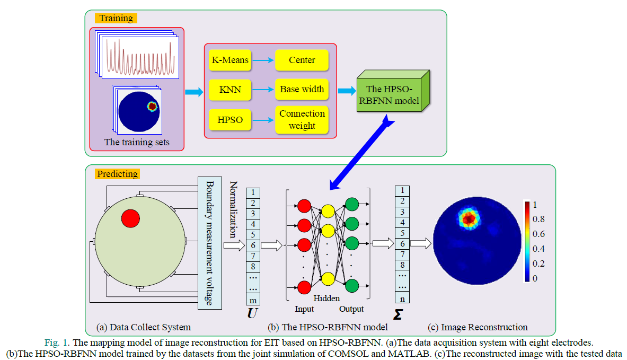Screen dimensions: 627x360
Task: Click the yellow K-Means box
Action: pyautogui.click(x=230, y=60)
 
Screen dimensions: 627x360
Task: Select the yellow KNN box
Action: pyautogui.click(x=230, y=90)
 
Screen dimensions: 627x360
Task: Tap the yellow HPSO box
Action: pyautogui.click(x=230, y=120)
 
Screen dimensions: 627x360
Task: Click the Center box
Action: pyautogui.click(x=302, y=60)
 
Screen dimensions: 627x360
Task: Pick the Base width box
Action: pyautogui.click(x=302, y=89)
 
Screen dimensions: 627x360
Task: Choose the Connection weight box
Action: pyautogui.click(x=302, y=120)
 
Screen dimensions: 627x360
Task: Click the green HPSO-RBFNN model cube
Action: pyautogui.click(x=393, y=91)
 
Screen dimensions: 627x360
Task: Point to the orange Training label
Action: pyautogui.click(x=116, y=18)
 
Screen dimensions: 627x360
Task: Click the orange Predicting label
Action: pyautogui.click(x=117, y=174)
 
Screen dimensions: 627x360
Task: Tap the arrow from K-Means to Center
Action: pyautogui.click(x=263, y=60)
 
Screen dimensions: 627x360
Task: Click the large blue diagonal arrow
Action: pyautogui.click(x=362, y=152)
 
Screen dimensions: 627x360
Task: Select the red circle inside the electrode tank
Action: pyautogui.click(x=130, y=218)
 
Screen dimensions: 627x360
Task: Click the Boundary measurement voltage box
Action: pyautogui.click(x=210, y=243)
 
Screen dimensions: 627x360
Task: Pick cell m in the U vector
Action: pyautogui.click(x=253, y=300)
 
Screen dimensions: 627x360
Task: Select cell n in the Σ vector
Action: pyautogui.click(x=402, y=298)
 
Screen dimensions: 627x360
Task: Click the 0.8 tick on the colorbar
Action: pyautogui.click(x=538, y=219)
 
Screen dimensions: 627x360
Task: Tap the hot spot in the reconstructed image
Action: pyautogui.click(x=469, y=218)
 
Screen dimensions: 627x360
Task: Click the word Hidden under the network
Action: pyautogui.click(x=326, y=298)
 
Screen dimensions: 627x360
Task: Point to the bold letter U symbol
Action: pyautogui.click(x=252, y=313)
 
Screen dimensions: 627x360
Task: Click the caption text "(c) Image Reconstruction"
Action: pyautogui.click(x=478, y=327)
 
